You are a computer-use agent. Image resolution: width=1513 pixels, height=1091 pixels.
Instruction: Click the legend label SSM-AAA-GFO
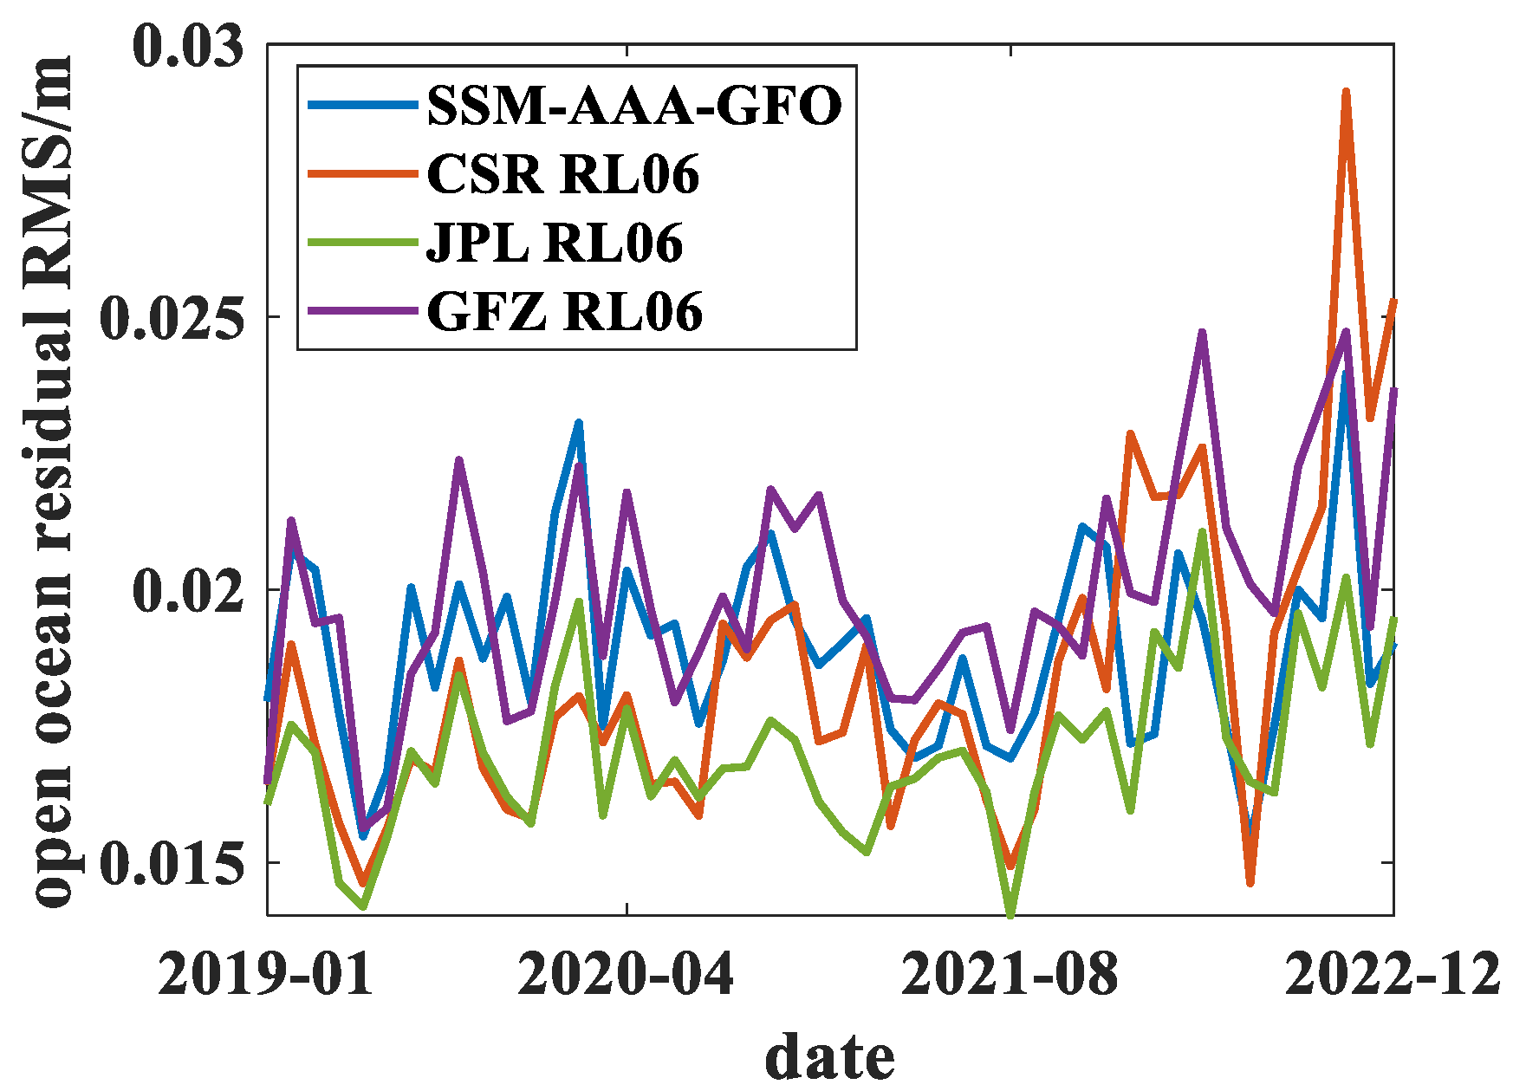tap(634, 107)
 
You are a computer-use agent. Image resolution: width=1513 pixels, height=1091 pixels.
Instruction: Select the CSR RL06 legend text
tap(563, 174)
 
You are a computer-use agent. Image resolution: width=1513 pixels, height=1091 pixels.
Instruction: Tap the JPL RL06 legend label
tap(555, 243)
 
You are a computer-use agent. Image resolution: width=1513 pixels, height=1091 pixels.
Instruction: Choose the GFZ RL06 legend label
tap(565, 311)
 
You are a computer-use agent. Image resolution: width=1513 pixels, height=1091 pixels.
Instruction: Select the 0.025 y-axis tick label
tap(172, 318)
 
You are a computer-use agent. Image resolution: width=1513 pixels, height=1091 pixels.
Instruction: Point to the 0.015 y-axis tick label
tap(172, 863)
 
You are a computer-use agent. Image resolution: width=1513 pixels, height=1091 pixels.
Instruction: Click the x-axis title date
tap(829, 1056)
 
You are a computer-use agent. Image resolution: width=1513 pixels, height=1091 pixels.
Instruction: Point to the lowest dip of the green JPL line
tap(1010, 912)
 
